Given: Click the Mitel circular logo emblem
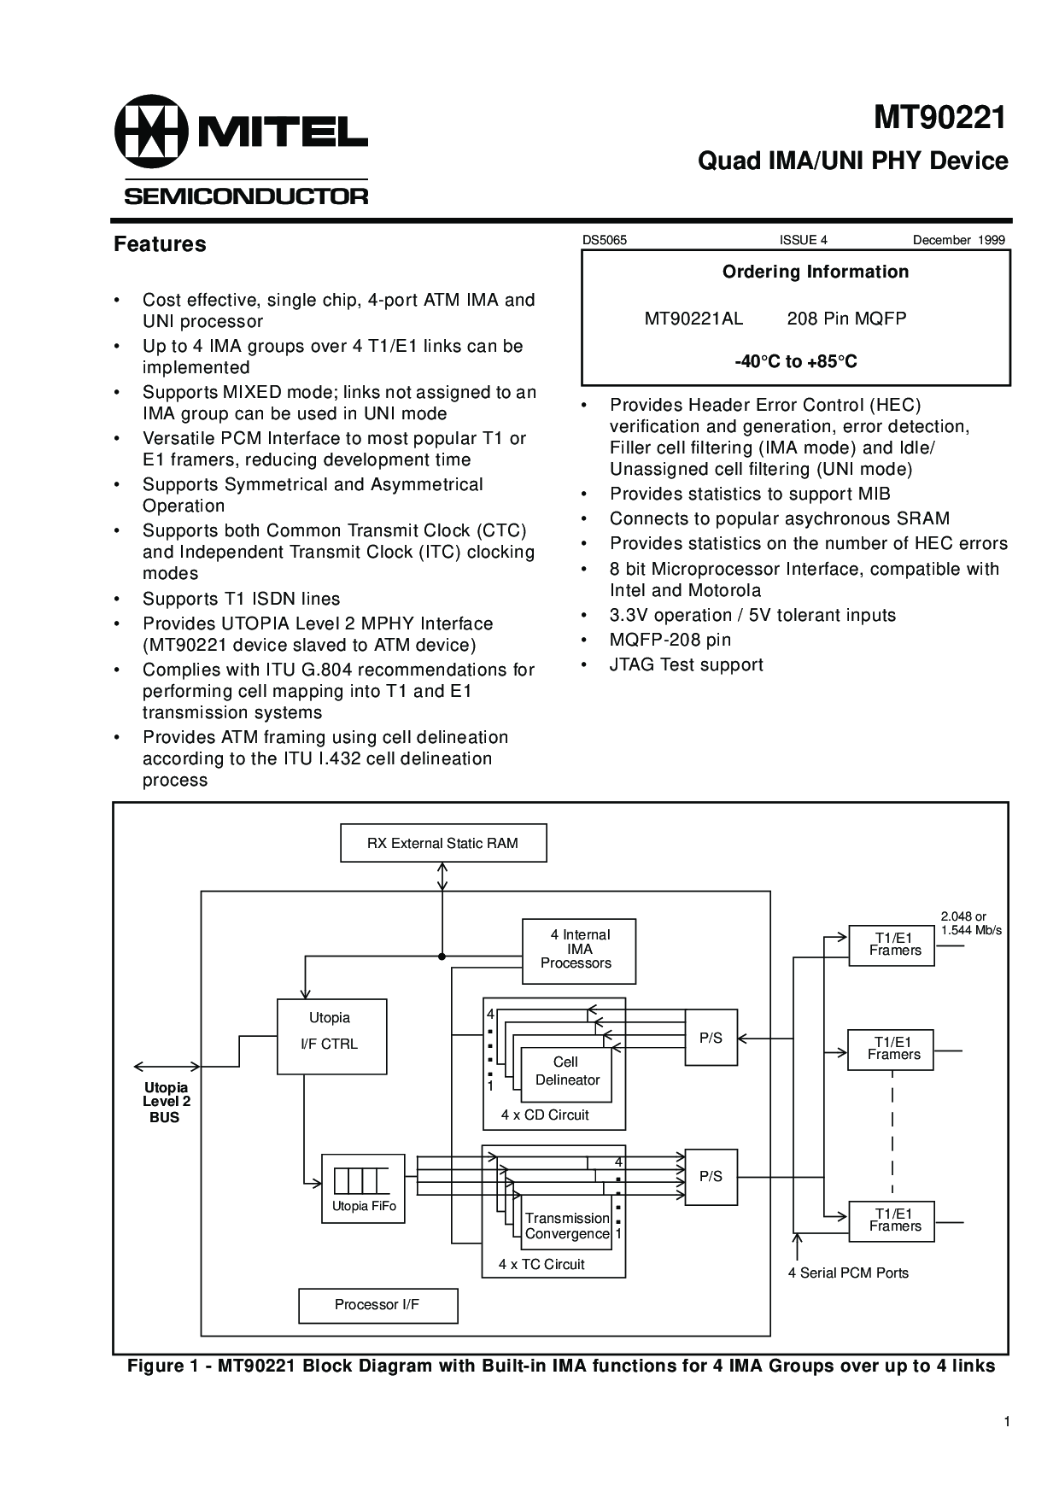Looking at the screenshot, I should point(150,132).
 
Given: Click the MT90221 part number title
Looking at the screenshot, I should point(939,118).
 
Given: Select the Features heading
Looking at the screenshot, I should point(160,244).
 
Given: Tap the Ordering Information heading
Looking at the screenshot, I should point(816,272).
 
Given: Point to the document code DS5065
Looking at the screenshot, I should point(605,240).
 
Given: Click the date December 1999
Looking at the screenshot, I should point(958,240).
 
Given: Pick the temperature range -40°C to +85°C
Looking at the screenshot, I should point(796,362).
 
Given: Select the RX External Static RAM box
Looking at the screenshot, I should point(443,843).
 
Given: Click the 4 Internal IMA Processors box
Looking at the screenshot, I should point(578,949).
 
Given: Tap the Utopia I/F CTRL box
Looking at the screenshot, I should point(331,1035).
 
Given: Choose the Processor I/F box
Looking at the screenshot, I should point(377,1305).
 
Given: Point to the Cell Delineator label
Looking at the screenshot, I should point(567,1071).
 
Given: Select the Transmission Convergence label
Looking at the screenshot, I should point(567,1226).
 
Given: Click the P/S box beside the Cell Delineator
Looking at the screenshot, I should point(711,1038).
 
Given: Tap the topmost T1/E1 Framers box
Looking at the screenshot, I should point(892,945).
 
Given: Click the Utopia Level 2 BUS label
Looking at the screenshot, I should point(166,1102).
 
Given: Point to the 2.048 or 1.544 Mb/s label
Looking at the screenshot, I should point(971,923).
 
